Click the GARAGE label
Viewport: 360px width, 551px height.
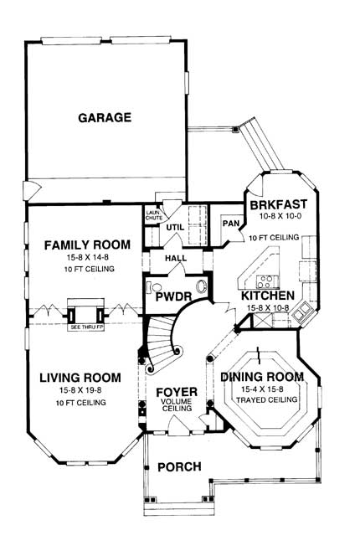click(x=105, y=118)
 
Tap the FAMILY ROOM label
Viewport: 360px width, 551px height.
click(x=87, y=245)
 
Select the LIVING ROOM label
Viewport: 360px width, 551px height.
click(x=80, y=377)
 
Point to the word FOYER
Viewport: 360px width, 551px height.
click(x=177, y=392)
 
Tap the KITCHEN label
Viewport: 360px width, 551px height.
click(x=267, y=296)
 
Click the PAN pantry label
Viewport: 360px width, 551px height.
click(x=232, y=224)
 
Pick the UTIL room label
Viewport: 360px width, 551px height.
click(x=173, y=227)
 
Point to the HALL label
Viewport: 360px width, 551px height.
click(x=176, y=260)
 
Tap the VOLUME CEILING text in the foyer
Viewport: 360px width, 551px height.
click(x=177, y=407)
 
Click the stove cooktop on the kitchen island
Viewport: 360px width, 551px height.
click(x=267, y=281)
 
